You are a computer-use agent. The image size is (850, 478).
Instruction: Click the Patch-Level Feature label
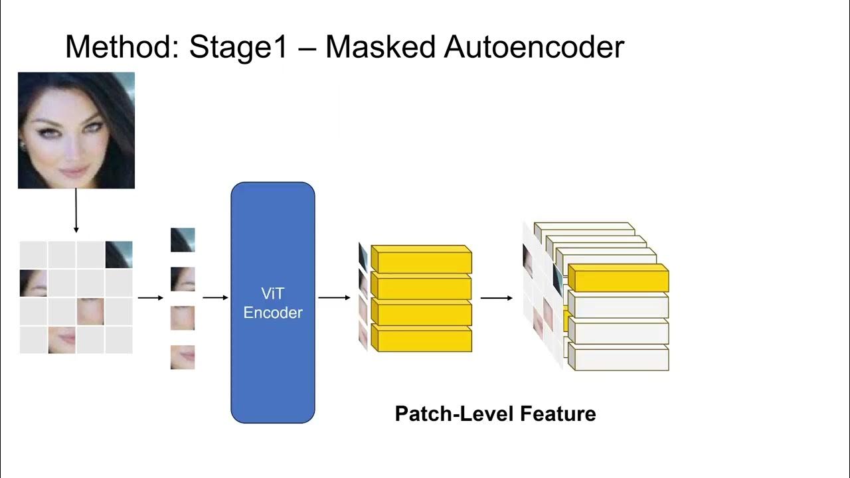pos(495,414)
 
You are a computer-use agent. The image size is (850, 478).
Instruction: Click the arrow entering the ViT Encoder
pos(215,298)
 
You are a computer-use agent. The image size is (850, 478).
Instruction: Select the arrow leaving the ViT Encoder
pos(334,298)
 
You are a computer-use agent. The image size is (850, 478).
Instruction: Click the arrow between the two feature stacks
pos(496,298)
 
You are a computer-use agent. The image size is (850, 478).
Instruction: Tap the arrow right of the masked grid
pos(150,298)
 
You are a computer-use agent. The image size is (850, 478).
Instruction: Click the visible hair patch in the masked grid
pos(119,254)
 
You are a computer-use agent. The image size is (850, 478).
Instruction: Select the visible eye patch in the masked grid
pos(33,283)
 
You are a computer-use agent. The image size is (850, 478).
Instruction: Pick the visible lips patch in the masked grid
pos(62,340)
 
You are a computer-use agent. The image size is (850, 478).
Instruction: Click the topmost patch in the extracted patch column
pos(183,240)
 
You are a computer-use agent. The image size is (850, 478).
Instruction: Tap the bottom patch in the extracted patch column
pos(183,357)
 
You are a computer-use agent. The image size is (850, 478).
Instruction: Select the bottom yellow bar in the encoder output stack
pos(421,341)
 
